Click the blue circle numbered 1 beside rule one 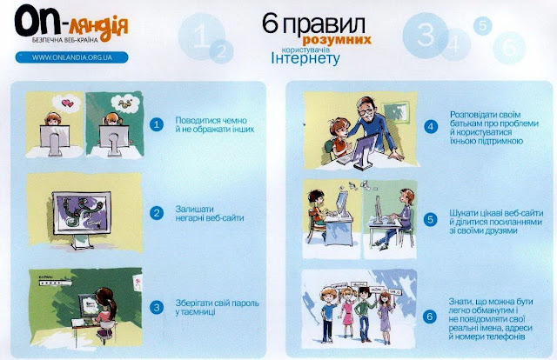tap(157, 124)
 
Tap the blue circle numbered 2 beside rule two tap(157, 213)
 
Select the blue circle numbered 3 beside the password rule tap(157, 308)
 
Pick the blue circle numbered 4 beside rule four tap(431, 127)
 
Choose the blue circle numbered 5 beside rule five tap(430, 219)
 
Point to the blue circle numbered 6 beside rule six tap(430, 317)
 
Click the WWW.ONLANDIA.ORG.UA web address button tap(71, 57)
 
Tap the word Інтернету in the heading tap(305, 58)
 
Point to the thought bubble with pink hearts tap(66, 103)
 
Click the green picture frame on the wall tap(396, 112)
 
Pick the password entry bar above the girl tap(56, 283)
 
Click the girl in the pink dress tap(347, 312)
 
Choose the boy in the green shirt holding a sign tap(365, 314)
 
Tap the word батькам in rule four tap(466, 123)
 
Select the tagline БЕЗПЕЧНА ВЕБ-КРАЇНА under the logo tap(64, 40)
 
